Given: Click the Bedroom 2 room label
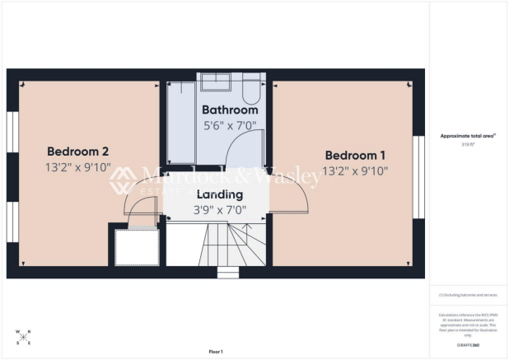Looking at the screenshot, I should click(78, 152).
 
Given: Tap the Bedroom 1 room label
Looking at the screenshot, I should click(356, 155).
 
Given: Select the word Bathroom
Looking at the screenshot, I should click(230, 110).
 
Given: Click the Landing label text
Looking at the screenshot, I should click(219, 195).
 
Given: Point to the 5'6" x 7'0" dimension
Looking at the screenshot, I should click(230, 125).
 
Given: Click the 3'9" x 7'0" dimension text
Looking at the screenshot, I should click(219, 210).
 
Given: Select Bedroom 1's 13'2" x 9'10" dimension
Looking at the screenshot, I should click(356, 171).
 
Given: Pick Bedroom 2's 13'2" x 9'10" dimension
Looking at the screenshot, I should click(78, 167).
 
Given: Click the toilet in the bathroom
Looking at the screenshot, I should click(251, 86).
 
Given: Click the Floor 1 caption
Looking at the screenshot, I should click(217, 352).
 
